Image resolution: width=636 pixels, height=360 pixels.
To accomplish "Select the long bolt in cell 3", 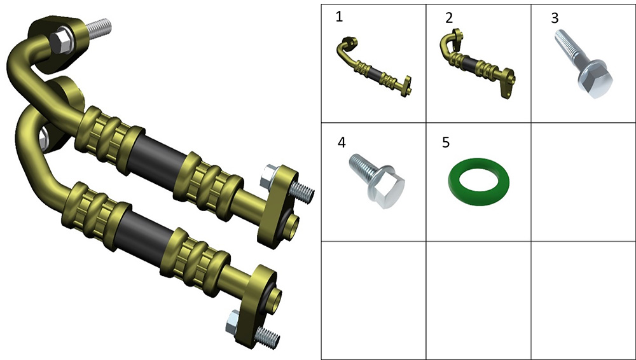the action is pos(583,63).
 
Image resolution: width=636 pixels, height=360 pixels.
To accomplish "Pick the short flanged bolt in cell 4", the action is pos(377,180).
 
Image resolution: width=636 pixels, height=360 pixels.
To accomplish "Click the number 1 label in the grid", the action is pos(339,17).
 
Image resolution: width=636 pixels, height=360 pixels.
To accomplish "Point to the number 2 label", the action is pos(448,18).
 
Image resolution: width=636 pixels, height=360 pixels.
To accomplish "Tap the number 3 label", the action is pos(555,18).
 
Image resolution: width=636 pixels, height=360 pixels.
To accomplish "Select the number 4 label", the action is pos(342,142).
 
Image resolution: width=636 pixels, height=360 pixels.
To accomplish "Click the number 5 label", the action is pos(446,142).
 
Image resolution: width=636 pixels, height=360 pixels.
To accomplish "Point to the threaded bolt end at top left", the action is pos(97,27).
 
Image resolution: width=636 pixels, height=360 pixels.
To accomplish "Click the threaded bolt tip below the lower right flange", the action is pos(268,338).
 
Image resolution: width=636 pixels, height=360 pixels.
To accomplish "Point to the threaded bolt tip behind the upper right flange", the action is pos(301,191).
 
